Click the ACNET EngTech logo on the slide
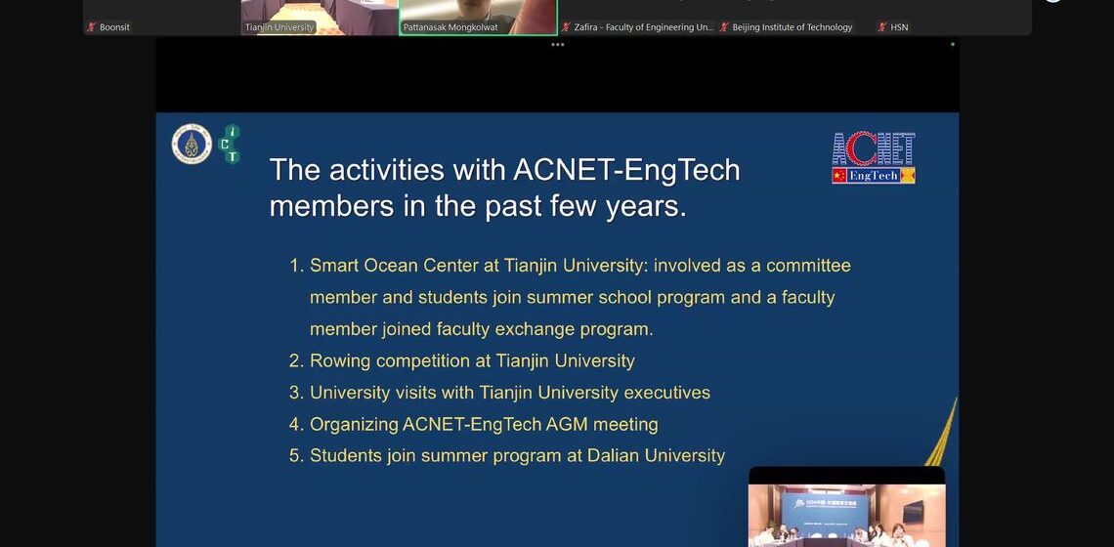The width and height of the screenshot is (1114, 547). click(873, 158)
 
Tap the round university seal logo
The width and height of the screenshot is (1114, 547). click(192, 145)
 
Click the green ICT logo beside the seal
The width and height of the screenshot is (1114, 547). click(231, 144)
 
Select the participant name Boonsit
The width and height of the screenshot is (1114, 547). click(114, 27)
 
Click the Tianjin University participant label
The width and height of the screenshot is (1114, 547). click(279, 27)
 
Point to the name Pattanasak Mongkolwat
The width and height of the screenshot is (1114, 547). click(450, 27)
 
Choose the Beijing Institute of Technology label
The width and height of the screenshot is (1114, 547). click(792, 27)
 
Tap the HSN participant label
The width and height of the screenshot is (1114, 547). click(899, 27)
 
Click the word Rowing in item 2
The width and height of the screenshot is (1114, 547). click(340, 361)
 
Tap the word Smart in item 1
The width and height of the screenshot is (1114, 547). click(334, 266)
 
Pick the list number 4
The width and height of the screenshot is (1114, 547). click(295, 425)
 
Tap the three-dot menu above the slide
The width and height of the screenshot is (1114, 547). click(557, 44)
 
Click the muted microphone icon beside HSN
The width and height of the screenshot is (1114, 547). click(882, 27)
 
